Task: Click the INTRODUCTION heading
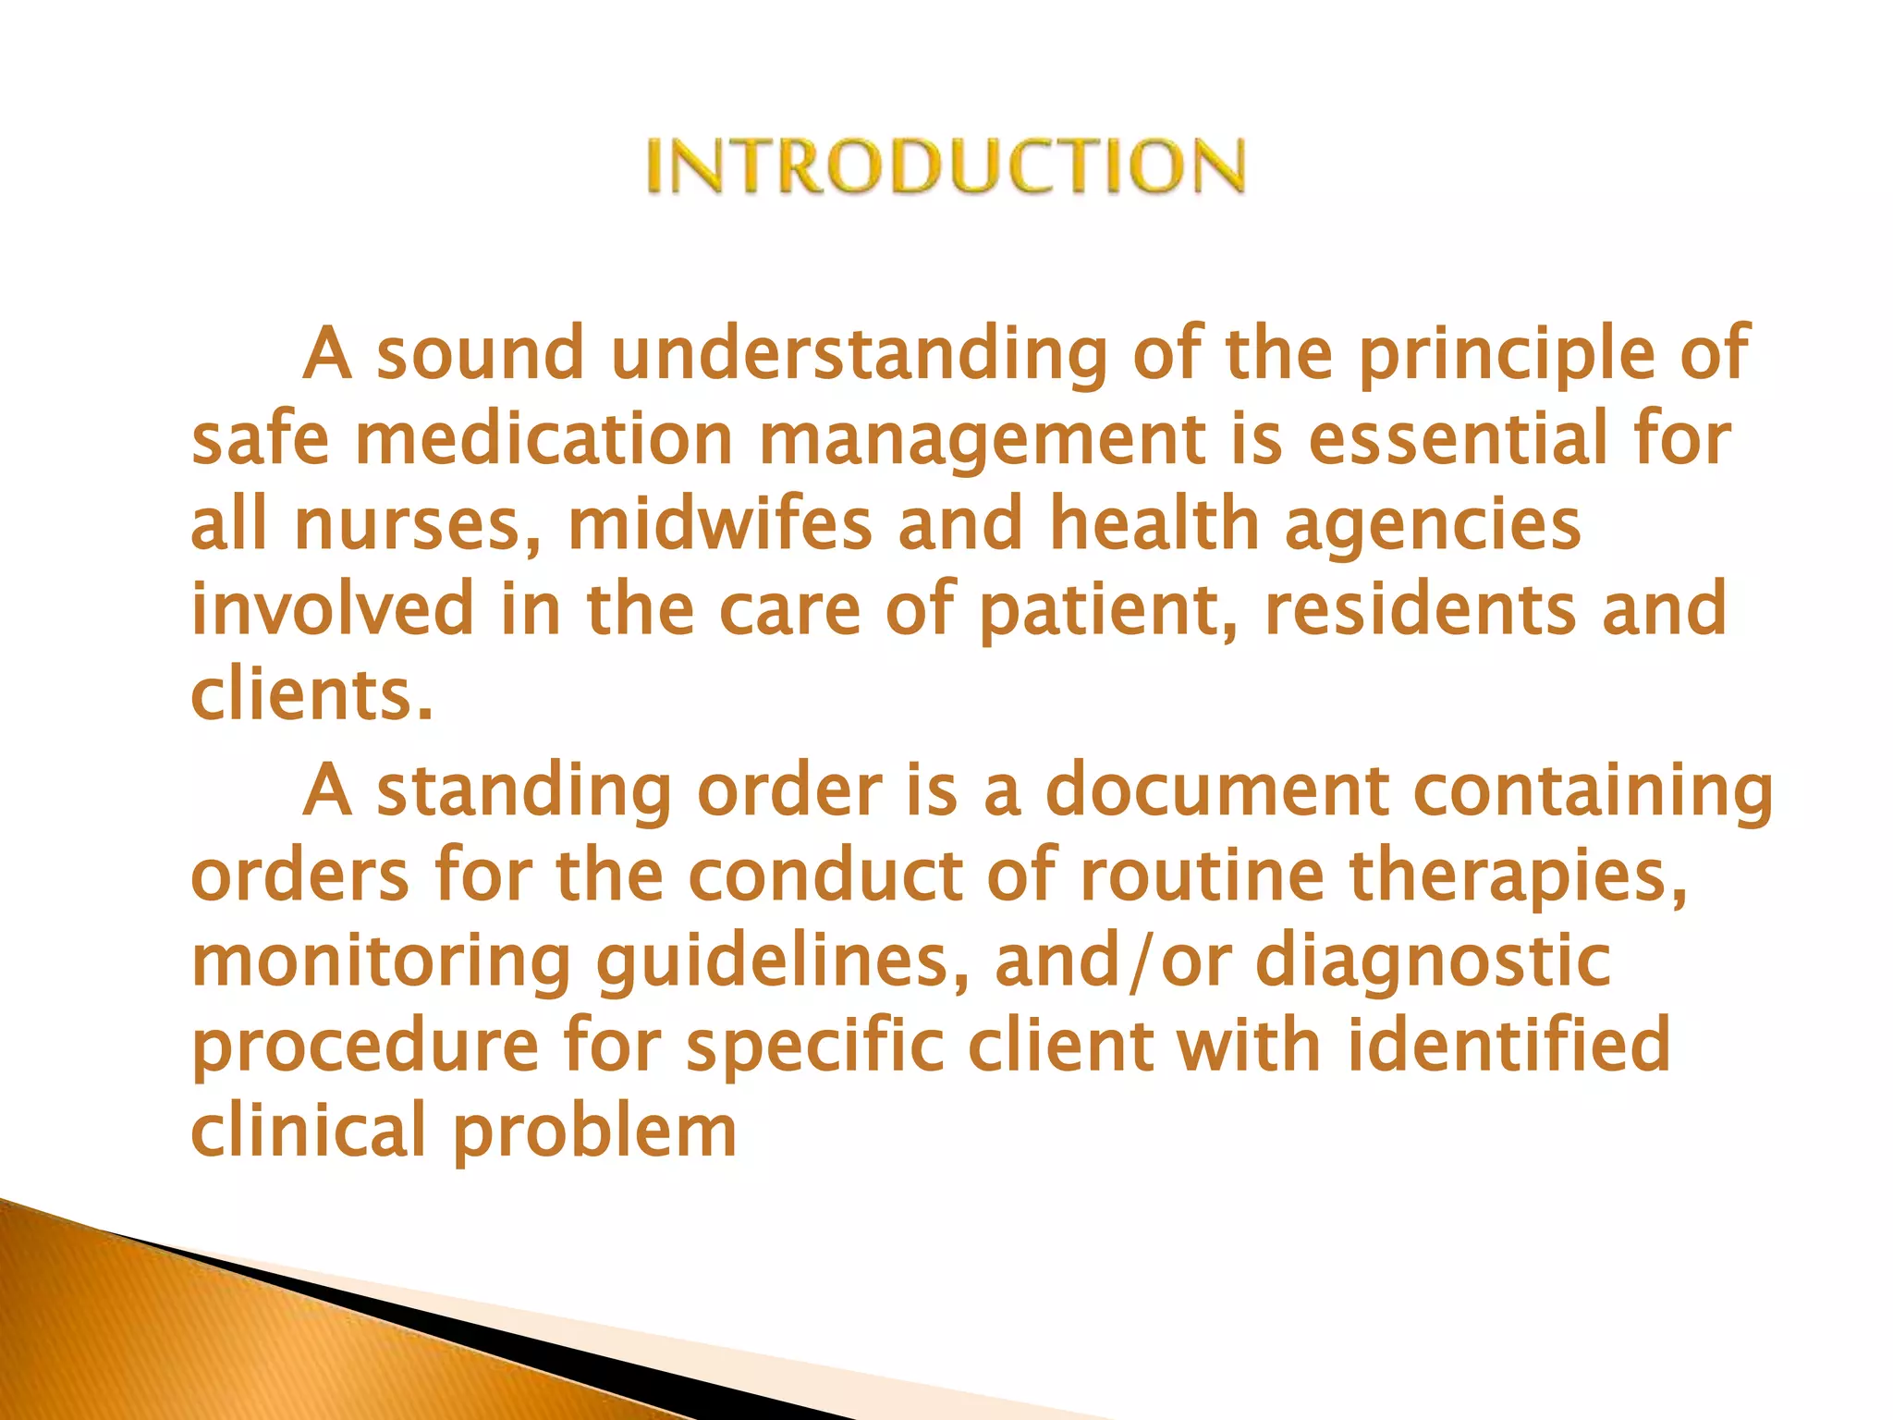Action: point(946,166)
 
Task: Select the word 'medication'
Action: point(544,439)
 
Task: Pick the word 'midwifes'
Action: point(720,524)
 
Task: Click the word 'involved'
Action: point(332,609)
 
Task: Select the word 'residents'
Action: point(1419,609)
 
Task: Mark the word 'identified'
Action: point(1508,1046)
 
